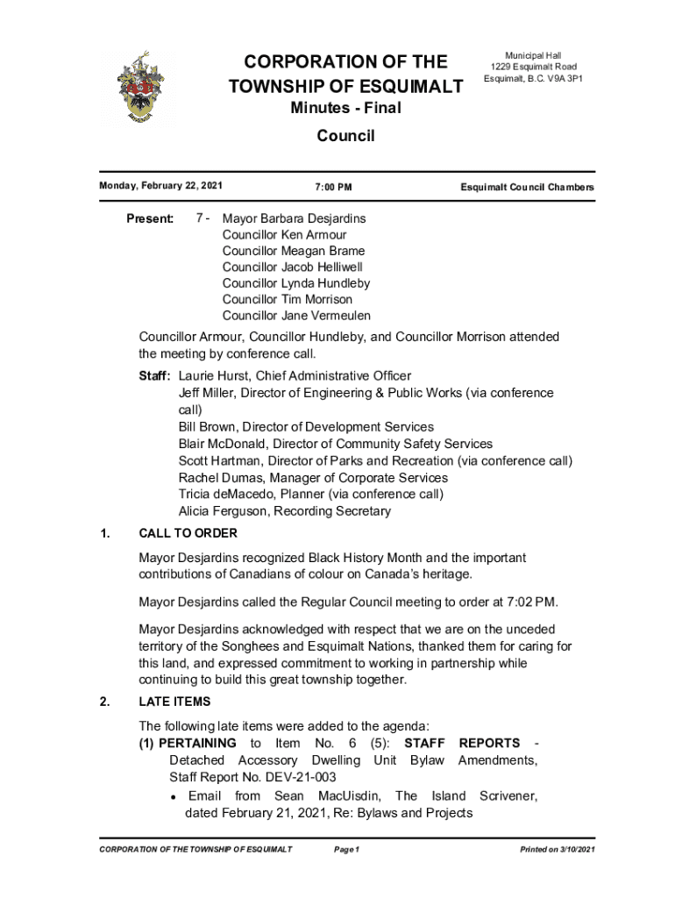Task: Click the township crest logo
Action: [139, 86]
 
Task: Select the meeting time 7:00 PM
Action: [333, 188]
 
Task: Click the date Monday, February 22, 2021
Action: [161, 186]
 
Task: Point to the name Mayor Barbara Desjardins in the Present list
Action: [294, 218]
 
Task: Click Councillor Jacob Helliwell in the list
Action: [292, 267]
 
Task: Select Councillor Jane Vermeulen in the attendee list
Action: [296, 315]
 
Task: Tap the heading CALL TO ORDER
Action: [188, 533]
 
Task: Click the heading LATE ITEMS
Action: [174, 702]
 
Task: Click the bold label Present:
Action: [151, 218]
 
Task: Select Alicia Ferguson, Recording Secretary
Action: [284, 510]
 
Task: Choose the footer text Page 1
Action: [347, 850]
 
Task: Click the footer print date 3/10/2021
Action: [573, 850]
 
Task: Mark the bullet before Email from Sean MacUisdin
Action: [175, 797]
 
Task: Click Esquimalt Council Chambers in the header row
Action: [527, 188]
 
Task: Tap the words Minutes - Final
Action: [345, 109]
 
